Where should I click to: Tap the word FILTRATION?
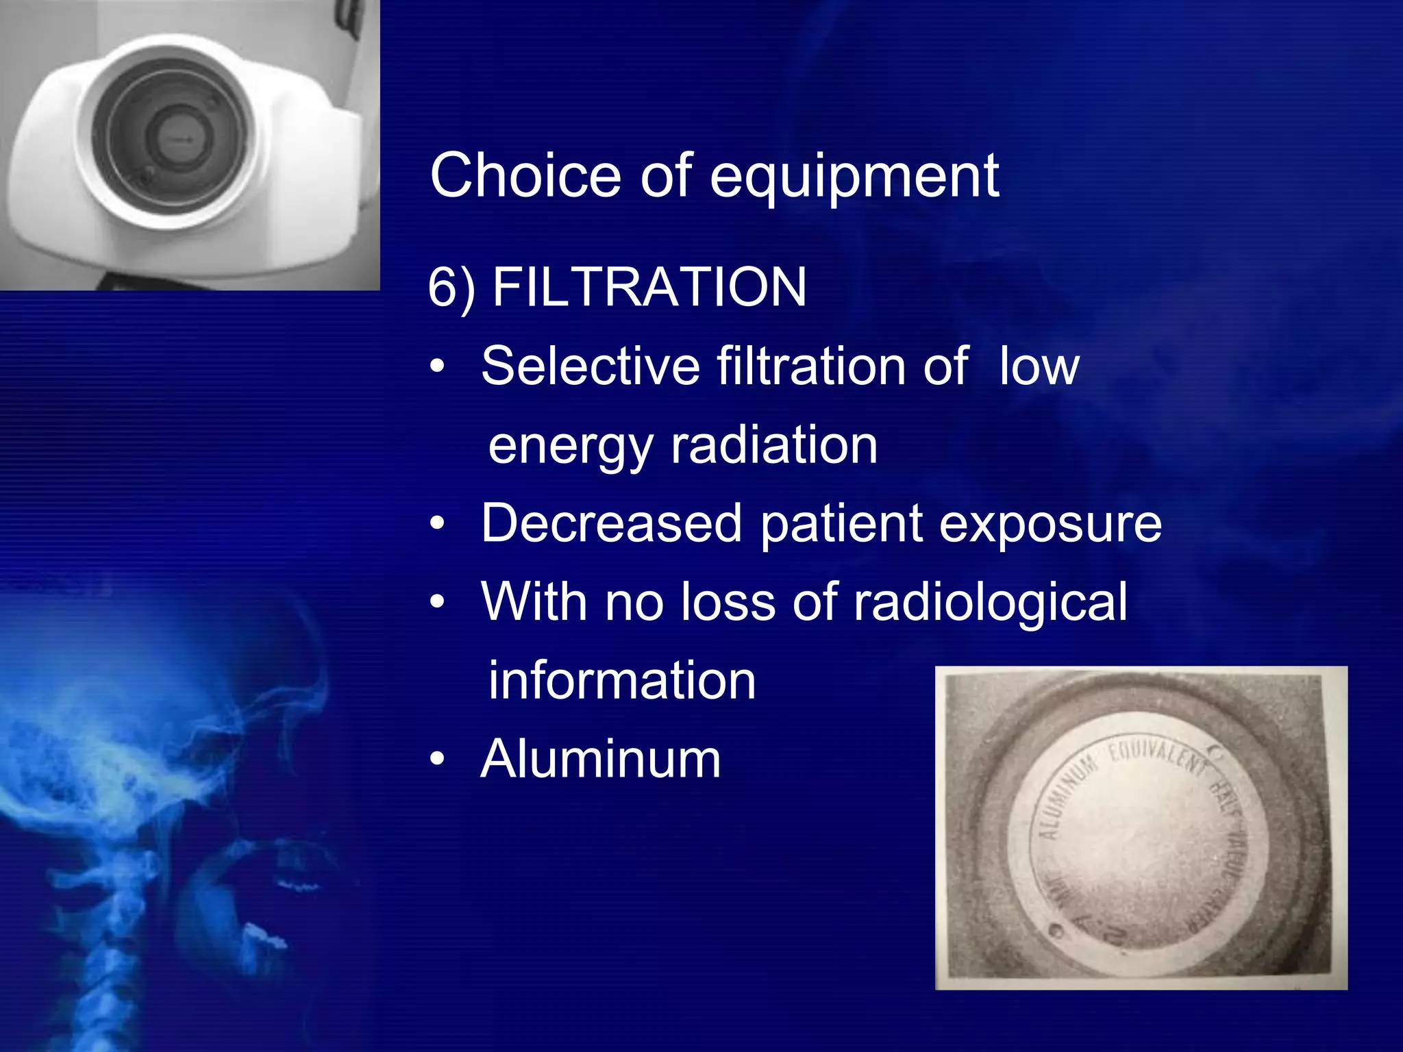(649, 287)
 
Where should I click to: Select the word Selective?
(590, 366)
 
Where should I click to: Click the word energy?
(570, 445)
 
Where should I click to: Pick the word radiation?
(773, 445)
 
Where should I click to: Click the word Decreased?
(611, 523)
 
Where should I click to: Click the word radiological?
(990, 602)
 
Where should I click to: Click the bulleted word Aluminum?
(600, 759)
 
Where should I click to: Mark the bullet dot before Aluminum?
(437, 760)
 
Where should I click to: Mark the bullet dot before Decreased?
(437, 524)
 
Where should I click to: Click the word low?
(1039, 366)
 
